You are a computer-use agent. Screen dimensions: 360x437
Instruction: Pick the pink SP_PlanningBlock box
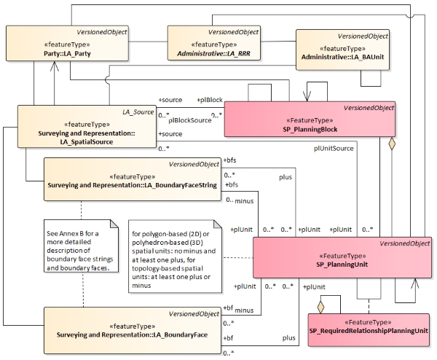point(310,122)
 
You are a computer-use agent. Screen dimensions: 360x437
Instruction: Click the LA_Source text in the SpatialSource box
point(136,112)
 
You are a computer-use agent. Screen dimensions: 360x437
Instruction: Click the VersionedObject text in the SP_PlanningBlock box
point(369,107)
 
